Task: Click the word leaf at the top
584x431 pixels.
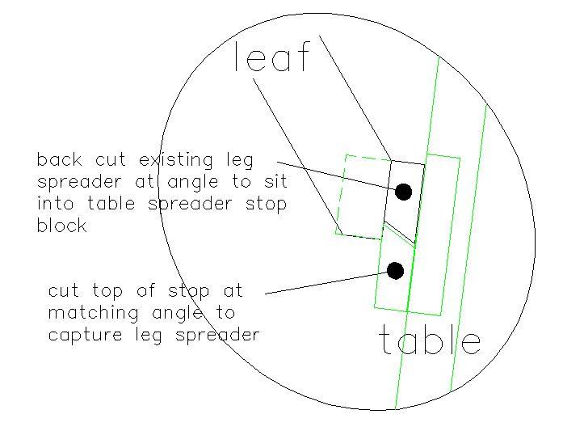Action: pos(271,58)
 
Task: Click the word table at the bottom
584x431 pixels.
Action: pos(430,341)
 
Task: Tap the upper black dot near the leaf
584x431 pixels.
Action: pos(403,192)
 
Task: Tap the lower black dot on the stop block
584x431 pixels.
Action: pos(395,271)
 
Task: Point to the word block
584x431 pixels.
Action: pos(61,226)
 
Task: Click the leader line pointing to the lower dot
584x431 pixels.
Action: pos(323,284)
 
